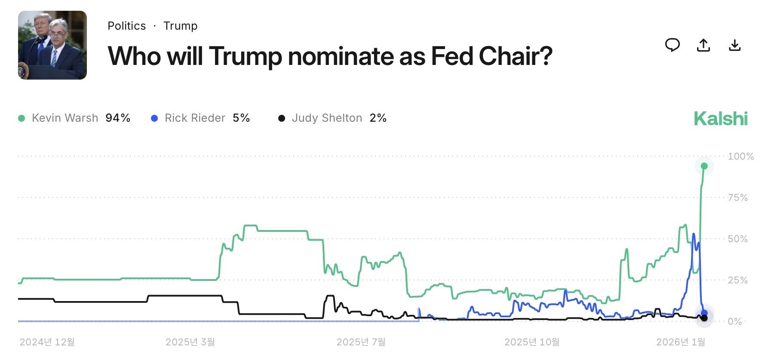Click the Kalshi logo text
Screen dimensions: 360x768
(x=721, y=119)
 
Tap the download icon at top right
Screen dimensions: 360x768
(x=735, y=45)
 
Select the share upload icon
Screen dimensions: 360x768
(x=703, y=45)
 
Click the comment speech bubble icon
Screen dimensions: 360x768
(x=673, y=45)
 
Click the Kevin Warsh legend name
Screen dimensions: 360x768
(x=65, y=118)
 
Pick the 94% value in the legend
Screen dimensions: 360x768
(x=118, y=118)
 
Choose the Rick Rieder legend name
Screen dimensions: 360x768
(x=195, y=118)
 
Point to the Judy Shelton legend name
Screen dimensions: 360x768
(x=327, y=118)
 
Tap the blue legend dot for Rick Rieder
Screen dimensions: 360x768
(x=154, y=118)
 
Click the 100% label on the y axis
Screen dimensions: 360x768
(x=740, y=156)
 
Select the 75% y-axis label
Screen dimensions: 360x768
(x=737, y=197)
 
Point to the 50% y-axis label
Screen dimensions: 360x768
(x=737, y=239)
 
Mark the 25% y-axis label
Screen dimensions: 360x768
(x=737, y=280)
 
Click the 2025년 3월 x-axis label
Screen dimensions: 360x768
(x=190, y=342)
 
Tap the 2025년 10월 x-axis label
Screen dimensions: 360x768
(x=532, y=342)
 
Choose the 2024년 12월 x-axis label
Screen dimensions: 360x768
(x=47, y=342)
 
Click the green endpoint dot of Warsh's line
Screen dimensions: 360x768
(x=704, y=166)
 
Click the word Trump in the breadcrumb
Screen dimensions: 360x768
(x=180, y=26)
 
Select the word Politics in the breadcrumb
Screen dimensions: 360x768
(x=127, y=26)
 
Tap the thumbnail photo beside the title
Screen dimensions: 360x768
(x=52, y=45)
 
